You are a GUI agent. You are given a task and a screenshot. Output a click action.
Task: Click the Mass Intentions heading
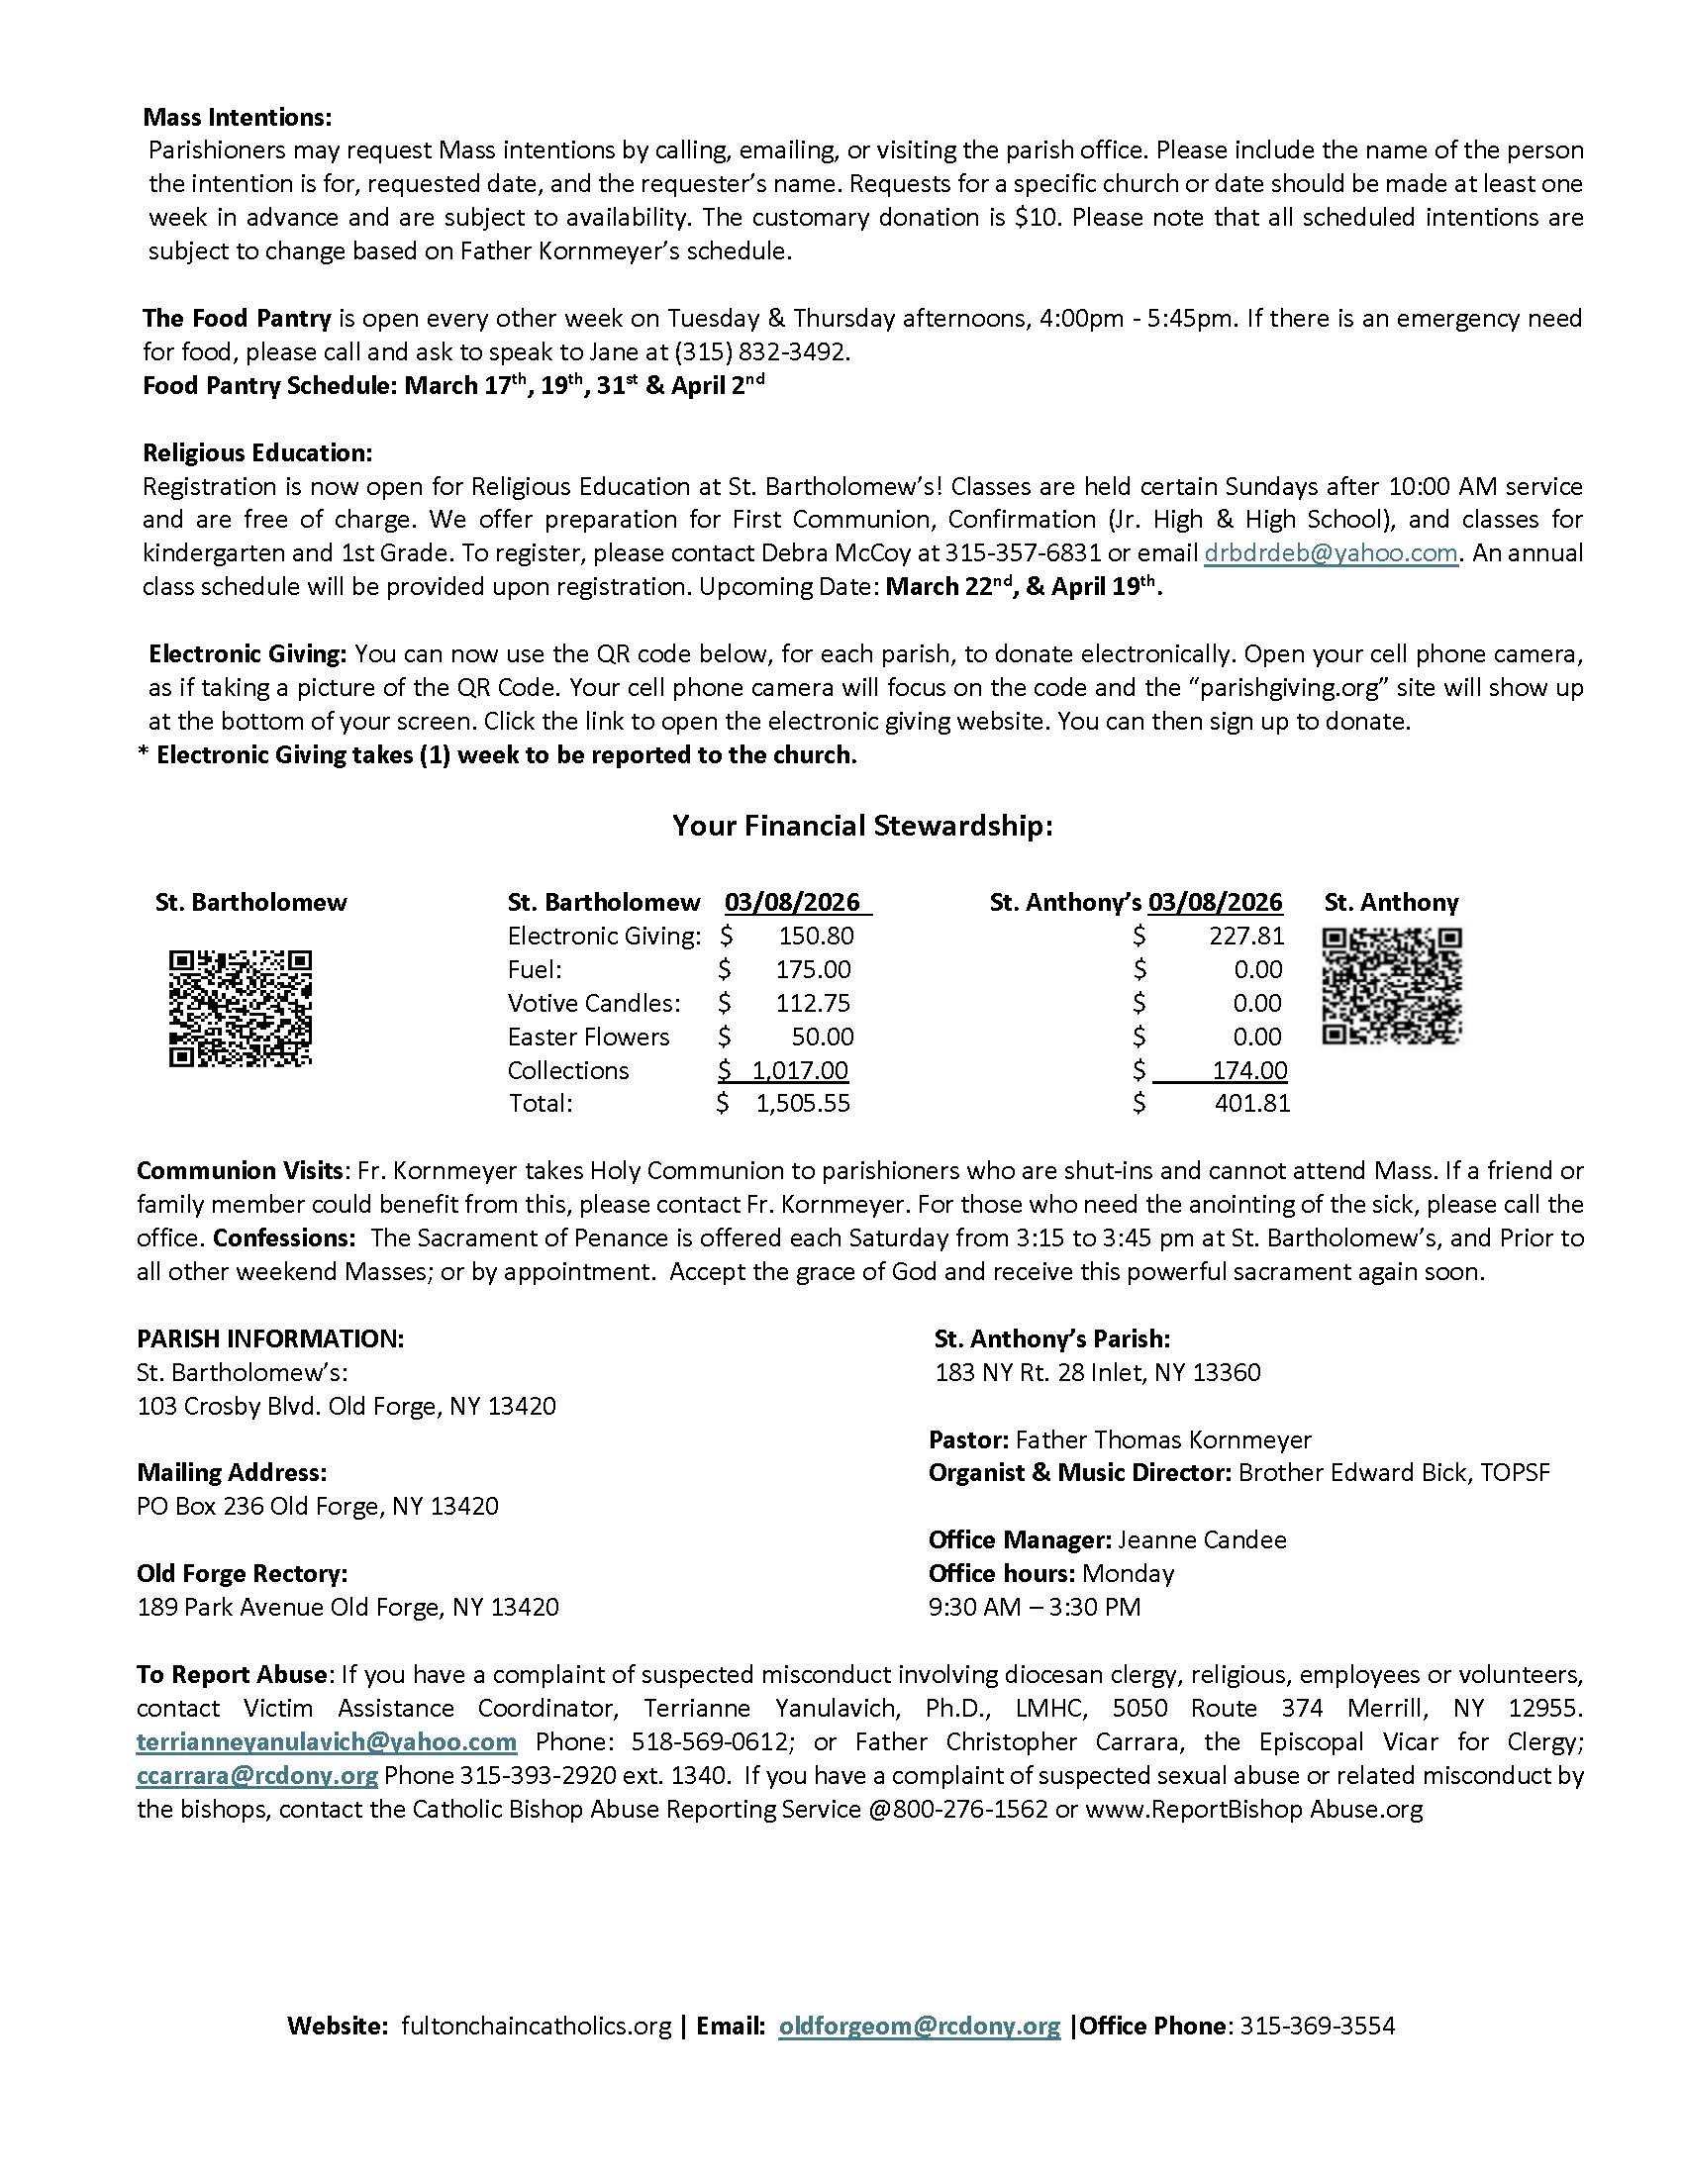point(238,117)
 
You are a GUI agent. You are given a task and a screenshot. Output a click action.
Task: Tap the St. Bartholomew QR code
point(241,1008)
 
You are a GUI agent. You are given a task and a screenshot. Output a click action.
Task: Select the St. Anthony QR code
point(1392,986)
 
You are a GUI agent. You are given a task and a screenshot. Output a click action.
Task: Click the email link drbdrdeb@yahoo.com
point(1331,552)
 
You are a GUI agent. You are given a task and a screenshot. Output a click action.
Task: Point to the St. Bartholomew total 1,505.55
point(803,1103)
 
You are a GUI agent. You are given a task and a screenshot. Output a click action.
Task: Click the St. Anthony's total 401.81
point(1252,1103)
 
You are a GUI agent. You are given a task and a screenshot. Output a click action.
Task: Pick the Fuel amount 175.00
point(814,969)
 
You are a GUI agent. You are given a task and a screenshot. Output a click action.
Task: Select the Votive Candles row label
point(593,1002)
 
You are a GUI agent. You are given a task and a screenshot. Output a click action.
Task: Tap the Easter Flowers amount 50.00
point(823,1037)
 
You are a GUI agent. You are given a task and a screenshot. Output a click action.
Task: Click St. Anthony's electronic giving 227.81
point(1247,936)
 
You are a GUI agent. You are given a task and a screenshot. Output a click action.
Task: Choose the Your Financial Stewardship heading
point(862,826)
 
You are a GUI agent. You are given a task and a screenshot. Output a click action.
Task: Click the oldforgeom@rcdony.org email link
point(920,2026)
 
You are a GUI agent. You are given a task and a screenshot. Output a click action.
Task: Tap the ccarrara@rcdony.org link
point(257,1775)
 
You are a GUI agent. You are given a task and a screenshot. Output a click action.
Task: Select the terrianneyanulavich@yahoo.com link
point(327,1741)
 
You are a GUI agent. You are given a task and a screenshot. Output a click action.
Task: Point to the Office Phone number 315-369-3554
point(1317,2026)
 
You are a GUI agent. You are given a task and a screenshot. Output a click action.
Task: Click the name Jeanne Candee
point(1202,1539)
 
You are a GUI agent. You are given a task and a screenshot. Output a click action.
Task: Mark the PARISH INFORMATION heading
point(270,1338)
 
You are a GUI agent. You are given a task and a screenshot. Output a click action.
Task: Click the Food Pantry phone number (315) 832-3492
point(760,352)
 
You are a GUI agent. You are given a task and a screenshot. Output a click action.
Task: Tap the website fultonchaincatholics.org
point(537,2026)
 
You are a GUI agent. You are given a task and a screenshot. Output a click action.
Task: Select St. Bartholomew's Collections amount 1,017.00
point(800,1070)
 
